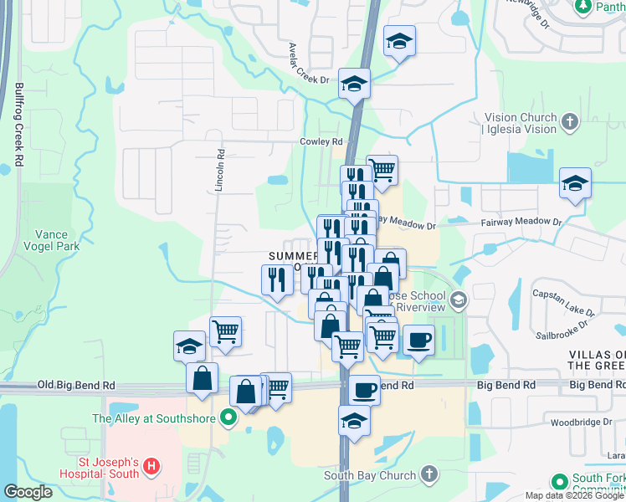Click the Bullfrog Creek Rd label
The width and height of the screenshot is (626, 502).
17,125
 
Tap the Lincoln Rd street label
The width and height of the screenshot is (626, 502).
220,171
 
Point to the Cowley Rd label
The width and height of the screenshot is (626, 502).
322,142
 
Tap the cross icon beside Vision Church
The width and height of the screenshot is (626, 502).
569,123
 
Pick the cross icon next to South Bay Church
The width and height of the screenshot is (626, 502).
428,475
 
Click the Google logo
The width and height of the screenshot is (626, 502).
28,491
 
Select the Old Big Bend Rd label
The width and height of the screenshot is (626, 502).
74,386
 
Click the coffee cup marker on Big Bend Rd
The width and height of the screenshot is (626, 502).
363,388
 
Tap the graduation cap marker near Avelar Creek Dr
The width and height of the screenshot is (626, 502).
355,84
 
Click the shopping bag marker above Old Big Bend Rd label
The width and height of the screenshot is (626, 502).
202,377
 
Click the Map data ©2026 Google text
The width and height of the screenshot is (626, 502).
575,495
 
